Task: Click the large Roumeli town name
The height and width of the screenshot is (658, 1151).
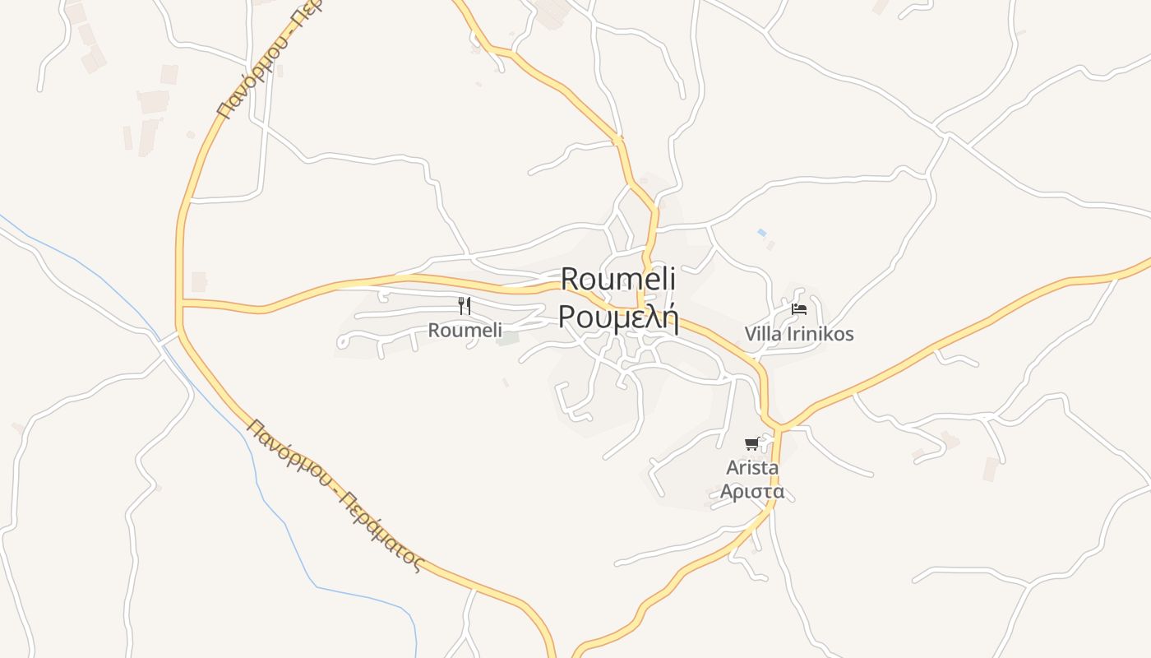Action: click(x=618, y=279)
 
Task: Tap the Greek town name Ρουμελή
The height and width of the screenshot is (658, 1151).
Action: click(x=618, y=317)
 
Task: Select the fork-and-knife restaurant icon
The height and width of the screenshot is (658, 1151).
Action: click(x=465, y=306)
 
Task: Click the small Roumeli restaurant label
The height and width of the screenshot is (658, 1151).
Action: click(x=465, y=331)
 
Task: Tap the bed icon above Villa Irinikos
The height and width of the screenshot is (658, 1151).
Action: click(x=799, y=309)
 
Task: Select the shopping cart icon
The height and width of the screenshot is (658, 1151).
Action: click(x=751, y=444)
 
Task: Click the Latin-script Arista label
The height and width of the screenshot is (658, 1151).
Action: click(x=752, y=467)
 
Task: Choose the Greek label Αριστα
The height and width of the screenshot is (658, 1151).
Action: click(x=752, y=492)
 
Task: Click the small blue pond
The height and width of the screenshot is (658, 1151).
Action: click(x=761, y=233)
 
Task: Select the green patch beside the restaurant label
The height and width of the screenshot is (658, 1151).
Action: click(x=509, y=338)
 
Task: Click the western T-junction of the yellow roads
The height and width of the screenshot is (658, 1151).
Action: click(x=179, y=305)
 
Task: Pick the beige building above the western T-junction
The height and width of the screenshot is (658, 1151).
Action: click(x=199, y=282)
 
